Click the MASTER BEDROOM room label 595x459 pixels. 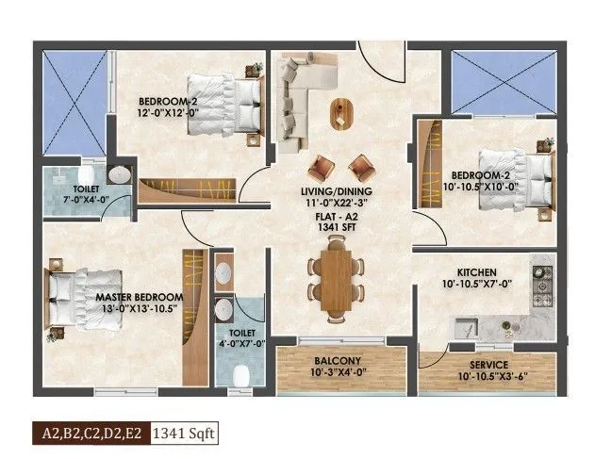(x=139, y=297)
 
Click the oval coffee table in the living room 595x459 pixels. (x=340, y=111)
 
